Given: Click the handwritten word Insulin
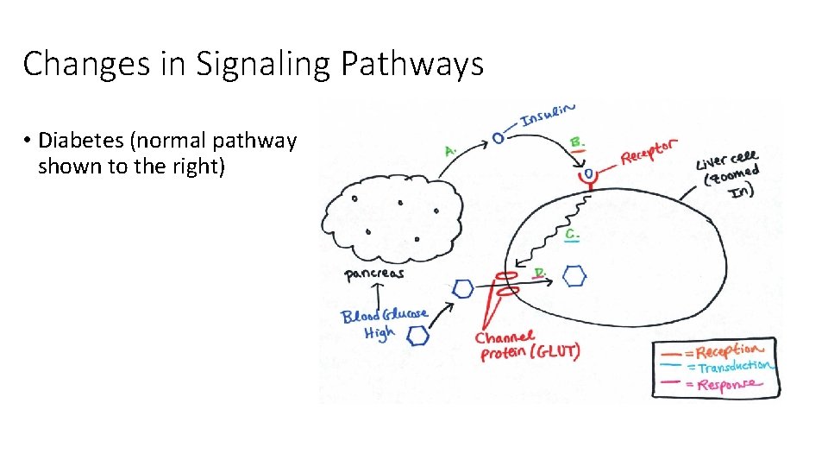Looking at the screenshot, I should point(548,116).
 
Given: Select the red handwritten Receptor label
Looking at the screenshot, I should point(649,152).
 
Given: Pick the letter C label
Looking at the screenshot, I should point(572,234).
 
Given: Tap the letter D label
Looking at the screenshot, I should point(540,273).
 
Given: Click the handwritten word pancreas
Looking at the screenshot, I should point(374,274).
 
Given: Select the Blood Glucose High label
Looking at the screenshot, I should point(383,323).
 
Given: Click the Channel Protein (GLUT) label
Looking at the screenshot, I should point(527,344).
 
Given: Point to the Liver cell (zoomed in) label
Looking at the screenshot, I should point(729,176).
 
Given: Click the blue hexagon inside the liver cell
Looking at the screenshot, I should point(574,276).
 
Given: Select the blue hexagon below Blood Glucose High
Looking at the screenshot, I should point(418,337).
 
